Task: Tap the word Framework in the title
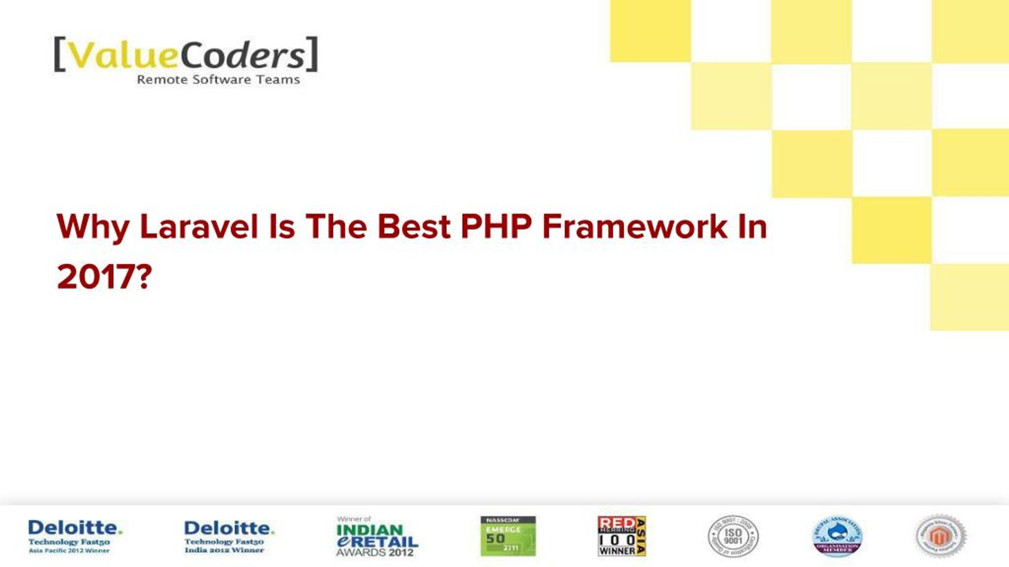tap(635, 227)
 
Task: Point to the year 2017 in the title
tap(97, 277)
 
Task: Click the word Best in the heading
tap(414, 227)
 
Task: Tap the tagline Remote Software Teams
tap(218, 80)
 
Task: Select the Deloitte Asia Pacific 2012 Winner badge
tap(75, 536)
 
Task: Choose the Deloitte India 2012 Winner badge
tap(229, 536)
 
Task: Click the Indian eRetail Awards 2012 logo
tap(376, 536)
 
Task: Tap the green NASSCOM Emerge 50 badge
tap(508, 536)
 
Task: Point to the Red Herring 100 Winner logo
tap(622, 536)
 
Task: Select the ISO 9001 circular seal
tap(733, 536)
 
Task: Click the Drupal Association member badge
tap(838, 536)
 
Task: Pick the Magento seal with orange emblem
tap(940, 536)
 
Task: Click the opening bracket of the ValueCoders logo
tap(60, 54)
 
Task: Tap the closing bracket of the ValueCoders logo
tap(312, 54)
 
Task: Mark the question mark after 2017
tap(144, 277)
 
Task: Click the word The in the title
tap(336, 227)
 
